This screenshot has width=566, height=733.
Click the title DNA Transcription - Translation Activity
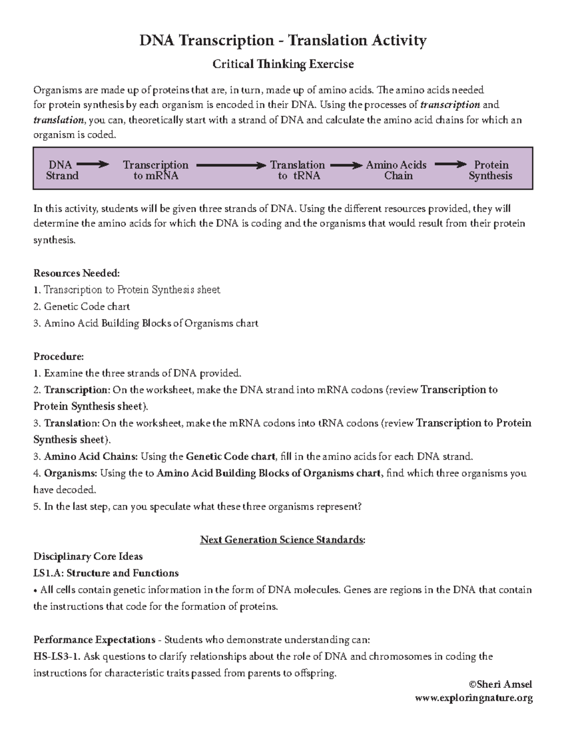(283, 41)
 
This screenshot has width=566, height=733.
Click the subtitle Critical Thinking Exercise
(283, 64)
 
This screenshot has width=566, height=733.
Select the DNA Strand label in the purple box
(62, 170)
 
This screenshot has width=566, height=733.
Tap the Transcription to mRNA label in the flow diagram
(155, 170)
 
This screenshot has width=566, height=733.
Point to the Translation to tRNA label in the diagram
(298, 170)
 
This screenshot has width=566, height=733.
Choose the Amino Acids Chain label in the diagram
(396, 170)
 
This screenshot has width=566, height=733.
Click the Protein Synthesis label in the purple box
(491, 170)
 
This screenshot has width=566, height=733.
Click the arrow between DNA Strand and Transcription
(92, 165)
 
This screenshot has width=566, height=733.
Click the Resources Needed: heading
(76, 273)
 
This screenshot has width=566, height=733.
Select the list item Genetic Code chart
(87, 307)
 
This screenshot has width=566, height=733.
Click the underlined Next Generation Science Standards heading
(283, 539)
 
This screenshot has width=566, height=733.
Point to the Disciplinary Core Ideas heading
(88, 556)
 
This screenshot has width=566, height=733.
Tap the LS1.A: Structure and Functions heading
(106, 573)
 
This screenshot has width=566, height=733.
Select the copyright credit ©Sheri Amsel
(500, 684)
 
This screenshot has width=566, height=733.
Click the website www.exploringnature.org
(474, 698)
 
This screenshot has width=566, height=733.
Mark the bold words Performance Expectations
(94, 640)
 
